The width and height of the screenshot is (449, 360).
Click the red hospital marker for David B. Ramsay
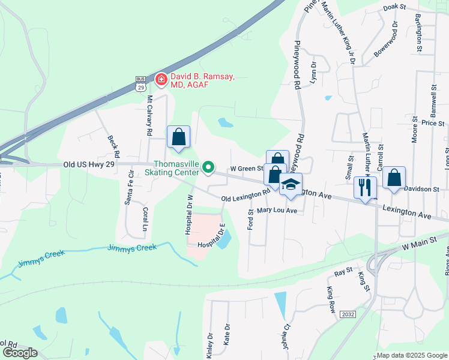tap(161, 79)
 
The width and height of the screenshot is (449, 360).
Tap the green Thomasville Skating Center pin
tap(208, 167)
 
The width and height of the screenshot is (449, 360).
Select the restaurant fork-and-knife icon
tap(365, 187)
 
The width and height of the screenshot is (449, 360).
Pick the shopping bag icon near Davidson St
tap(393, 178)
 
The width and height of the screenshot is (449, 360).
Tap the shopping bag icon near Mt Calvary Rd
tap(179, 137)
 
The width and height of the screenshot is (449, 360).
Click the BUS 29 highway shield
tap(141, 83)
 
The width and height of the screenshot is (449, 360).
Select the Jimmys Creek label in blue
tap(131, 247)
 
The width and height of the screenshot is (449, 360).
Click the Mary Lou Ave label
tap(277, 211)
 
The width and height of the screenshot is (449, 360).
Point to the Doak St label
tap(394, 7)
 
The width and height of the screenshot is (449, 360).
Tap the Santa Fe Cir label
tap(128, 187)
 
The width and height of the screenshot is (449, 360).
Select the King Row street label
tap(331, 301)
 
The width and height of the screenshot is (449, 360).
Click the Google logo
tap(20, 353)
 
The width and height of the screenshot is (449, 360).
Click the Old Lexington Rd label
tap(246, 196)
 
